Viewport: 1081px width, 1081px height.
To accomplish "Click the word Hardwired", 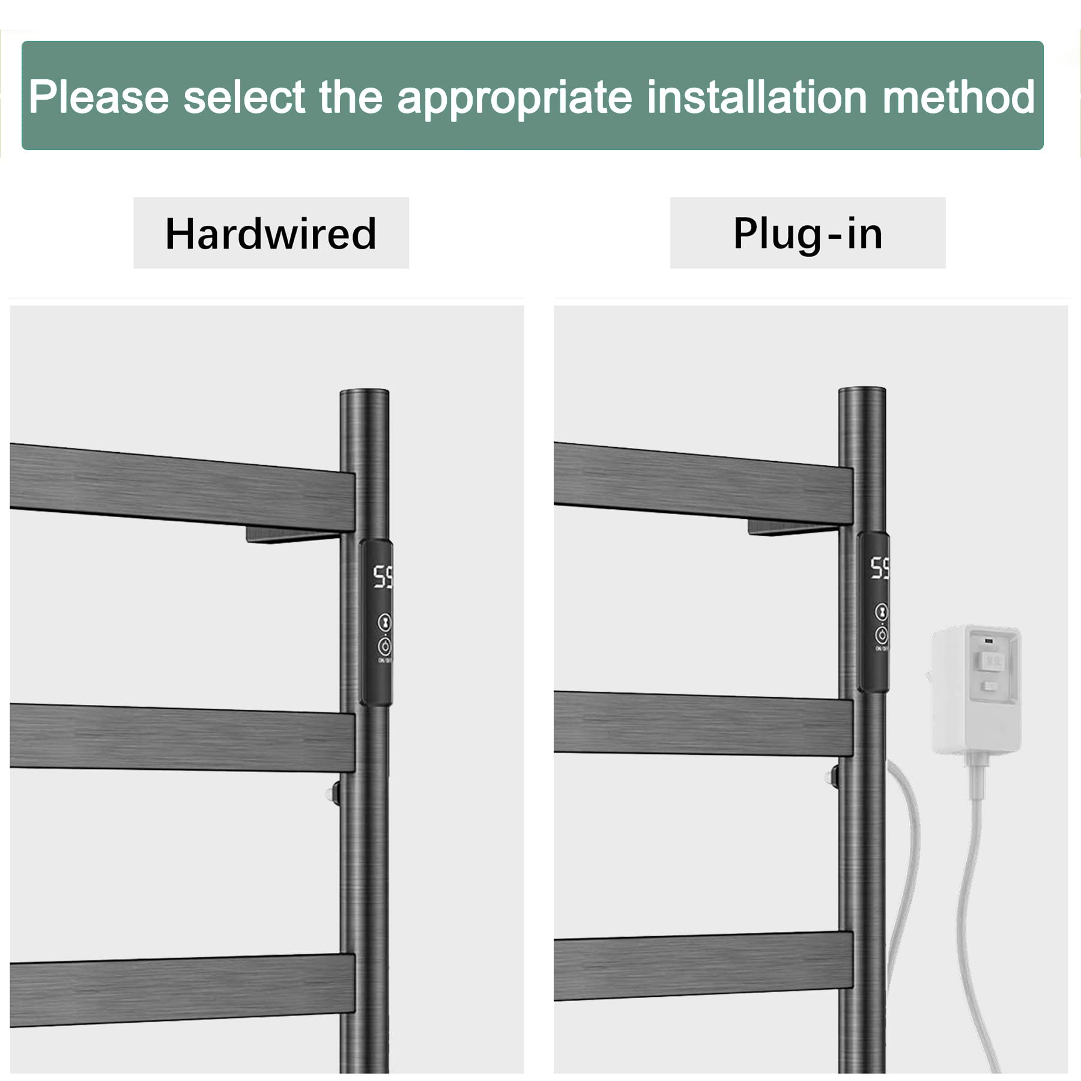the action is (271, 234).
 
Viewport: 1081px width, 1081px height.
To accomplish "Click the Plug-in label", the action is (808, 234).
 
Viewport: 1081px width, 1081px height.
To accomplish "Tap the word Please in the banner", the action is (99, 97).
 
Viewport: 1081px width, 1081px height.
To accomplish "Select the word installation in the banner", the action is (756, 97).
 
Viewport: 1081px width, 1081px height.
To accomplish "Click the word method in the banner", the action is (958, 97).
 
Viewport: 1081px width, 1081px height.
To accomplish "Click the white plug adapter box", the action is (976, 689).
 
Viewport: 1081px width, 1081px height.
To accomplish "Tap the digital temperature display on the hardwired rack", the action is (383, 577).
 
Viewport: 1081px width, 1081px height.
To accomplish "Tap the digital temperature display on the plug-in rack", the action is (880, 568).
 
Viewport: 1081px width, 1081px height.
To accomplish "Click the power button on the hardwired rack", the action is (384, 646).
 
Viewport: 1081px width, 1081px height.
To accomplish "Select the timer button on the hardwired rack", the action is (384, 622).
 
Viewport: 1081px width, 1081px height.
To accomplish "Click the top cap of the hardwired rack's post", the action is (365, 393).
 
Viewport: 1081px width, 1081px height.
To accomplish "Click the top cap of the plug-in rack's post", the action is (862, 392).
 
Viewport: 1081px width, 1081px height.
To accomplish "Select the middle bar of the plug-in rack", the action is (703, 724).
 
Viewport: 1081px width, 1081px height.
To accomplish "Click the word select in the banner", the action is (244, 97).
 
